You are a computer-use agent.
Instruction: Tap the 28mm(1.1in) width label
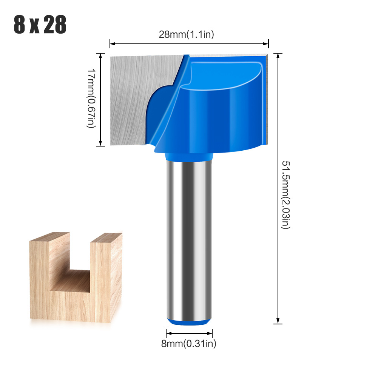186,34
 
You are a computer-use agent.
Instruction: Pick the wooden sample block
76,295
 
